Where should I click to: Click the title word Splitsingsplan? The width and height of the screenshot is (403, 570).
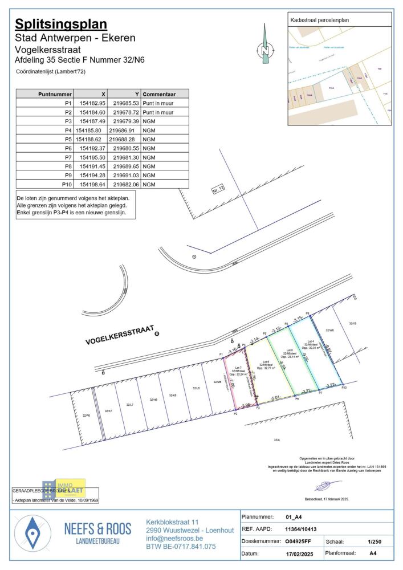click(61, 24)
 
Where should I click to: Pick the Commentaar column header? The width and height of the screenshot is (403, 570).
click(159, 94)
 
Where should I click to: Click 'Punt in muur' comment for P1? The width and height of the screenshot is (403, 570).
click(158, 103)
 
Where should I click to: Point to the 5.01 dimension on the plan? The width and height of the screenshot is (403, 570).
click(276, 397)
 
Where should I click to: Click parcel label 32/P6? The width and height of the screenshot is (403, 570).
click(86, 416)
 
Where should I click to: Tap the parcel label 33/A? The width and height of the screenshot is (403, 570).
click(278, 439)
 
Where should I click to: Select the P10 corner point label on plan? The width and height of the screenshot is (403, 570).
click(344, 388)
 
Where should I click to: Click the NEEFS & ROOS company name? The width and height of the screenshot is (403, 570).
click(97, 528)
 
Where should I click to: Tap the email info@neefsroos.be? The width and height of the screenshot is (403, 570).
click(174, 538)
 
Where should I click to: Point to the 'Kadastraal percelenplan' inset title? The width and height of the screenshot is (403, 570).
click(319, 20)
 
